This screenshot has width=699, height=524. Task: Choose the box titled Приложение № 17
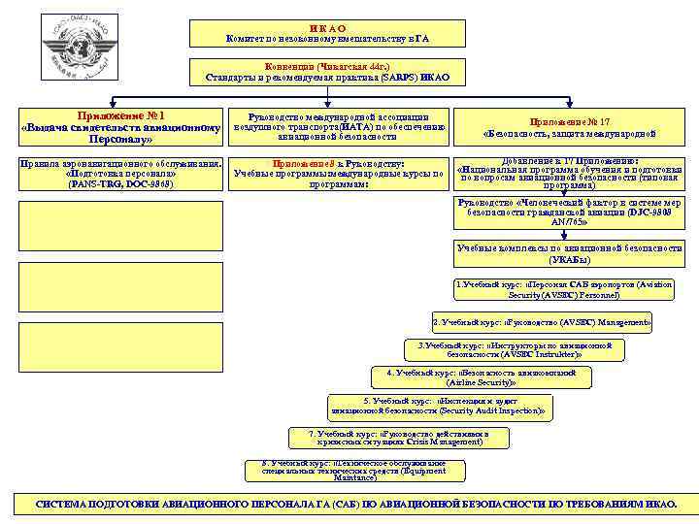coord(569,127)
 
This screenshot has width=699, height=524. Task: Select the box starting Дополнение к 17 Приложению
coord(569,173)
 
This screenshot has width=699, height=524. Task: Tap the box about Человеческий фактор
coord(569,213)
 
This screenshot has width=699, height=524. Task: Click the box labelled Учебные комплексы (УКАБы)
coord(569,254)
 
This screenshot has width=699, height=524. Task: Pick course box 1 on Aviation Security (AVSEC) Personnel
coord(569,289)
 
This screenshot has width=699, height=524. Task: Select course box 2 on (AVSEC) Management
coord(542,321)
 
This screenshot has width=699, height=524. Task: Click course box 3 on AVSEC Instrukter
coord(514,349)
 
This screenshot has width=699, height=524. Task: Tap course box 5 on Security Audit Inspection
coord(440,407)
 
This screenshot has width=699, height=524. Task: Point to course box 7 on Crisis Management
coord(399,437)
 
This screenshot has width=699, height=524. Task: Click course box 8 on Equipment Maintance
coord(360,470)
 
